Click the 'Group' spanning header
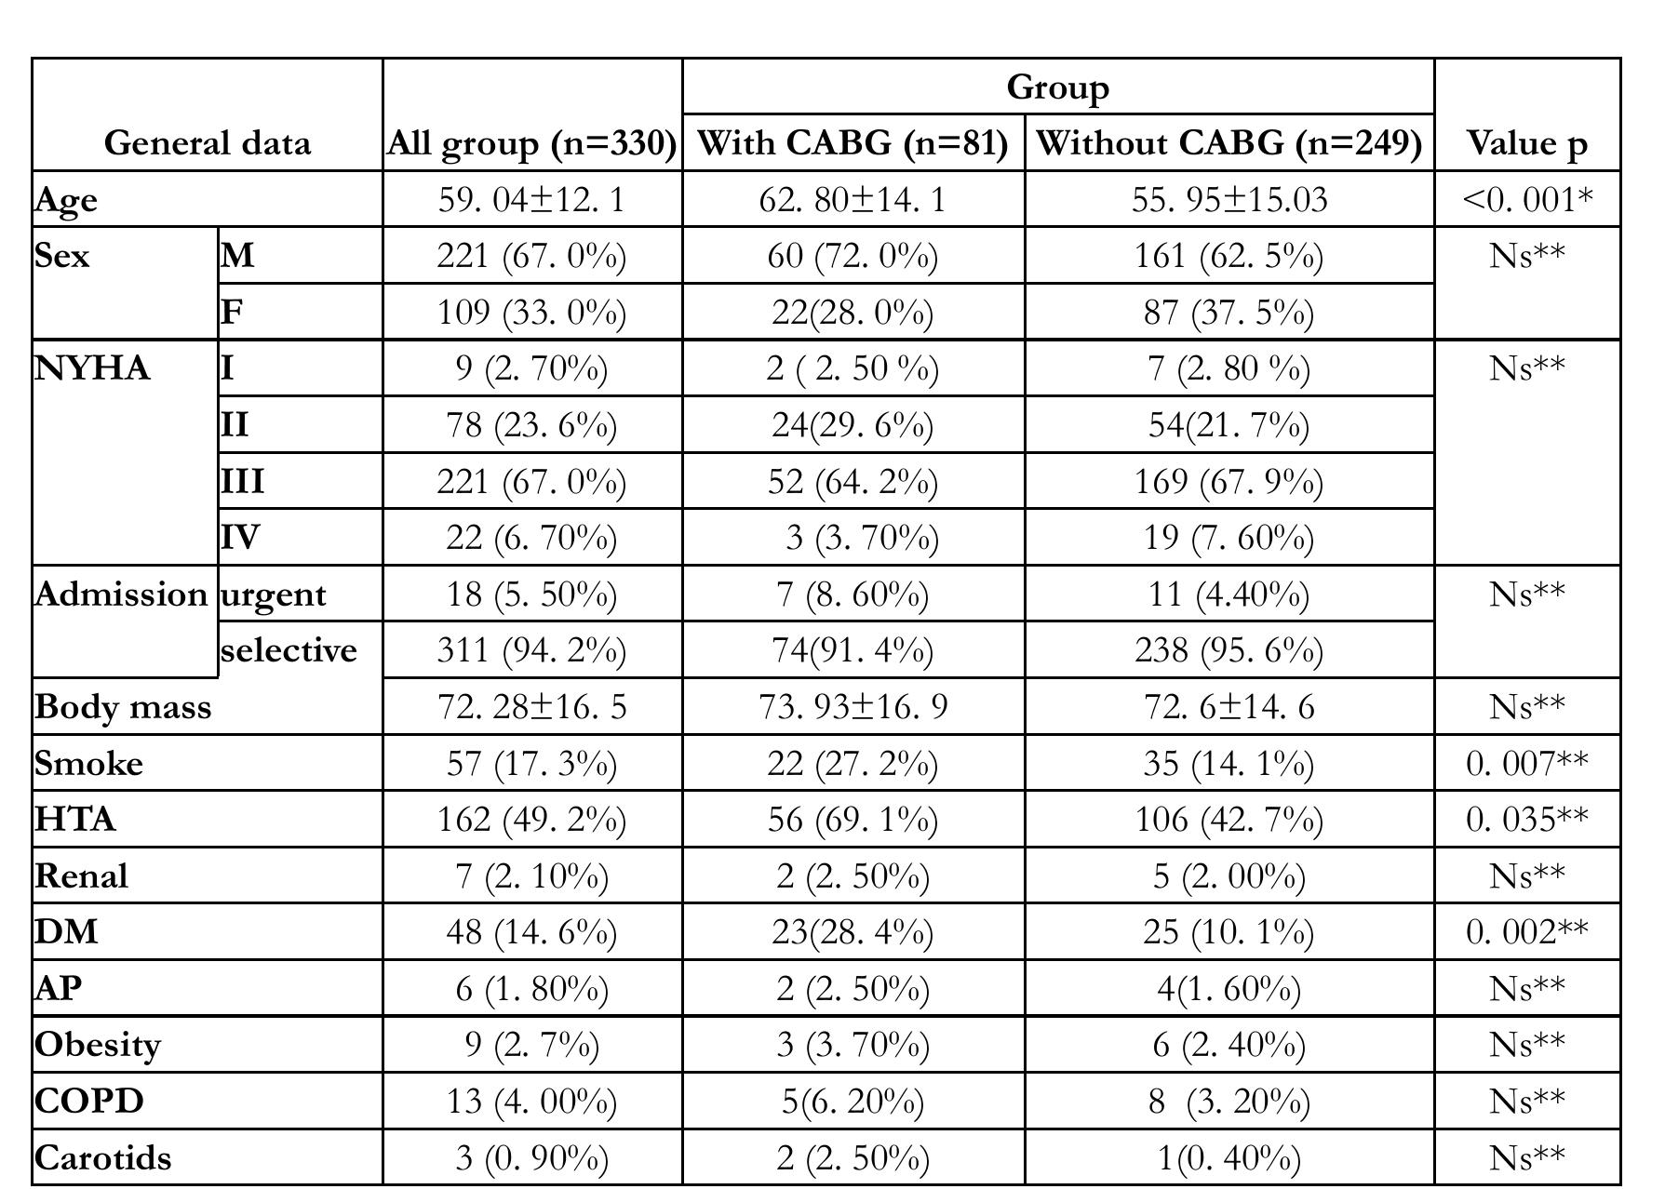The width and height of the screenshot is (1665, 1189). coord(1057,87)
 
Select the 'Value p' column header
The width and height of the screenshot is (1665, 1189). coord(1527,143)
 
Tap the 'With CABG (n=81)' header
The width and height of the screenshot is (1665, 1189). coord(853,143)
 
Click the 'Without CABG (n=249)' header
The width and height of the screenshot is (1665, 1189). coord(1229,143)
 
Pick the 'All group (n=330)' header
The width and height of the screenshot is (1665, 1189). coord(531,144)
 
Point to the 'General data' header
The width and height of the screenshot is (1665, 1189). coord(207,143)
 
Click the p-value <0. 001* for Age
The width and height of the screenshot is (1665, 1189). coord(1527,199)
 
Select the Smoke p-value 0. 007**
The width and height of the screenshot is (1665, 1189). coord(1527,764)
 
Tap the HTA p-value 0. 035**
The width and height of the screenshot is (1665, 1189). coord(1527,820)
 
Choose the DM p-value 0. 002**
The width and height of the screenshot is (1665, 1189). coord(1527,932)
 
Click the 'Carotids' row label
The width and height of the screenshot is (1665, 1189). coord(103,1158)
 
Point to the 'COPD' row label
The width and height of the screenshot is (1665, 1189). coord(89,1102)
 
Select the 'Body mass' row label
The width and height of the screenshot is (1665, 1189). coord(123,708)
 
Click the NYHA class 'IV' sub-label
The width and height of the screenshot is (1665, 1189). coord(240,538)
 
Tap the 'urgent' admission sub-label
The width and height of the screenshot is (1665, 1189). coord(274,595)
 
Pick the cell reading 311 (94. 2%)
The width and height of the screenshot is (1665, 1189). coord(531,651)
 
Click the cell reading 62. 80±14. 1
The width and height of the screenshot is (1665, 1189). coord(853,200)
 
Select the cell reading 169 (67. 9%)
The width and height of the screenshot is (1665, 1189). coord(1229,482)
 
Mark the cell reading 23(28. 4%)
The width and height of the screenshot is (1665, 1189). coord(853,932)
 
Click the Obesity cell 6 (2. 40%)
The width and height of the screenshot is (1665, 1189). coord(1229,1046)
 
